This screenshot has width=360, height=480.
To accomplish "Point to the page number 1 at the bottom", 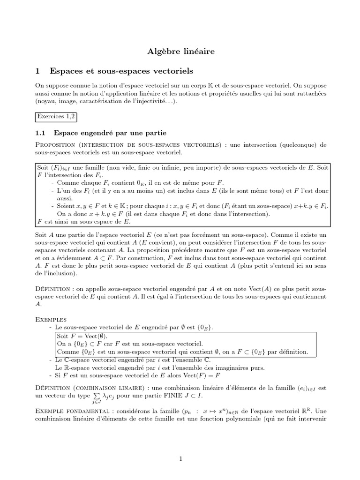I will pyautogui.click(x=180, y=459).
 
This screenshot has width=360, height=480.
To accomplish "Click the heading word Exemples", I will pyautogui.click(x=51, y=319).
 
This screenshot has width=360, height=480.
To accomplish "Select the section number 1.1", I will pyautogui.click(x=41, y=133).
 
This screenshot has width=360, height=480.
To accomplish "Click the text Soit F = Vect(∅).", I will pyautogui.click(x=82, y=336).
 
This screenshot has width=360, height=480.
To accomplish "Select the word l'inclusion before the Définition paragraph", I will pyautogui.click(x=55, y=273).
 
